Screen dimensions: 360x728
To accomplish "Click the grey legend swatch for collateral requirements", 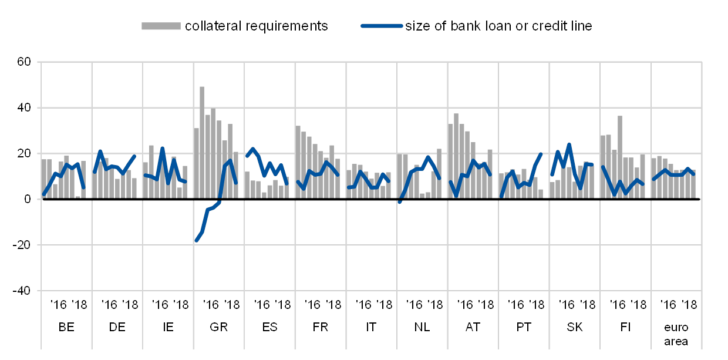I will click(160, 25).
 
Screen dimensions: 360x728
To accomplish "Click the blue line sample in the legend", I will click(382, 25).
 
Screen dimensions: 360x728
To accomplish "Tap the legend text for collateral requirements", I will click(256, 26).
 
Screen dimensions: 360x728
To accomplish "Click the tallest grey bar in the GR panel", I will click(202, 143).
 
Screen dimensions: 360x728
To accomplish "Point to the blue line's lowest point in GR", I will click(197, 240).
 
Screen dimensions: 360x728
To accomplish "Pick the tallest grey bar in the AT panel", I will click(456, 156).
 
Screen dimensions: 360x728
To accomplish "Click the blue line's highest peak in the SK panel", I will click(569, 144).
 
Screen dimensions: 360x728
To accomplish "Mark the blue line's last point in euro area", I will click(693, 174).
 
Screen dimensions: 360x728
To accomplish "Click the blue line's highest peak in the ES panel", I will click(252, 149).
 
